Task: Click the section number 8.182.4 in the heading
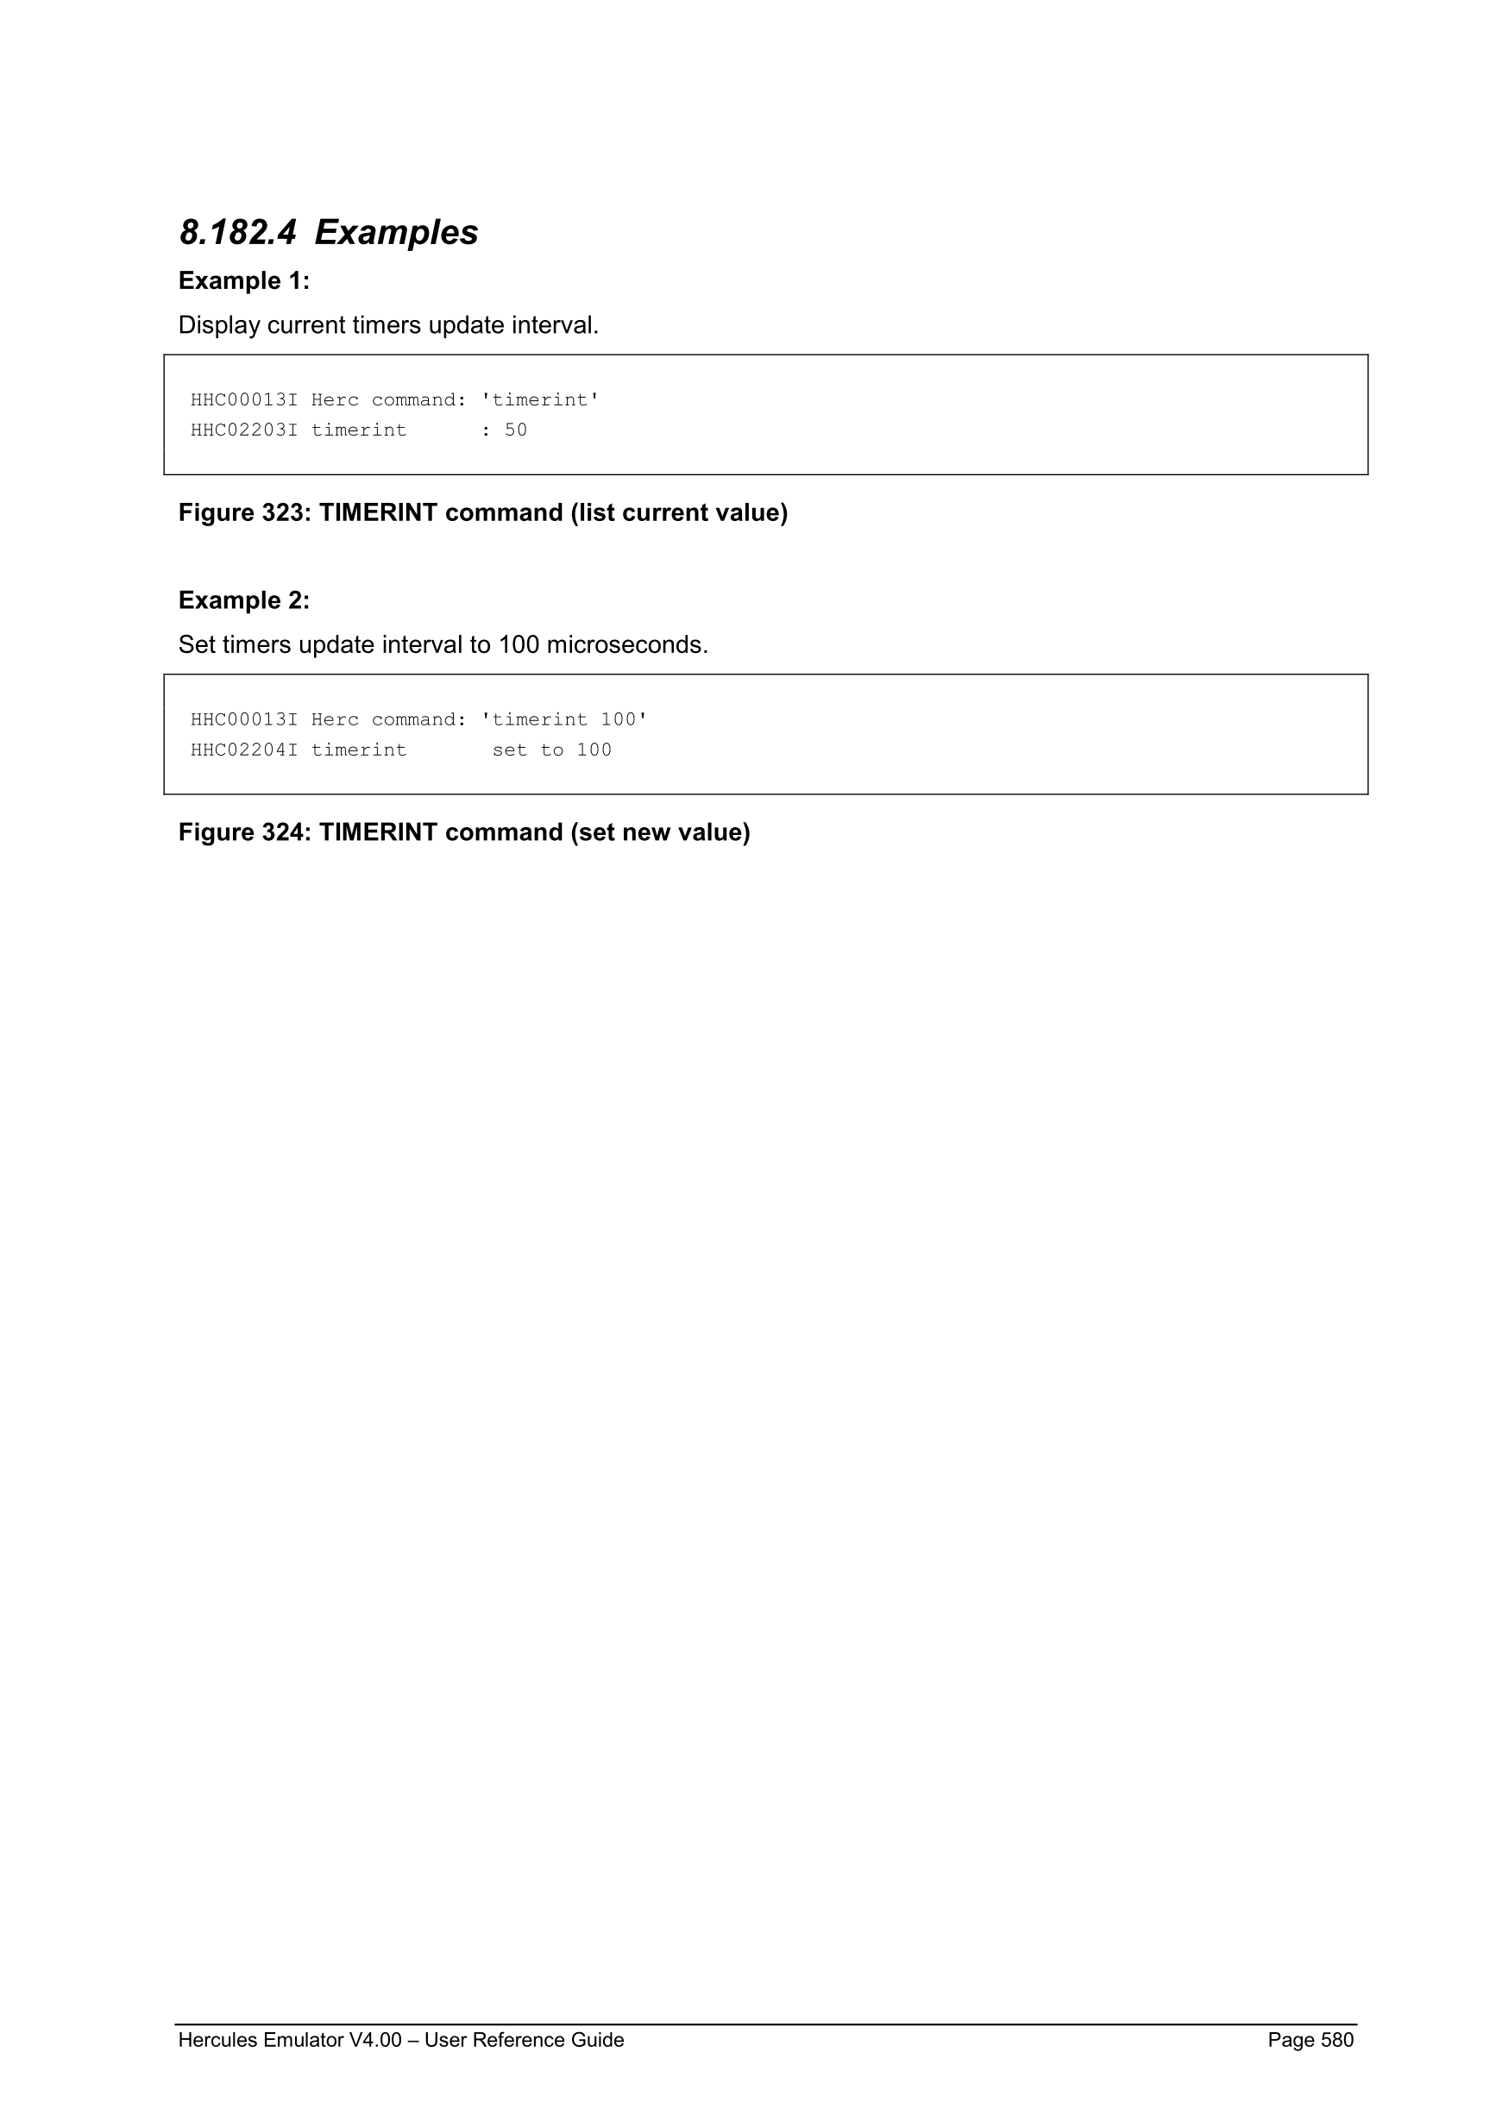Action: click(x=237, y=232)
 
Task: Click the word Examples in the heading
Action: click(x=396, y=232)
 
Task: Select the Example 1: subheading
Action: click(x=244, y=281)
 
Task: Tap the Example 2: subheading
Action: click(x=244, y=600)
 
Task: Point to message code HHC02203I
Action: click(x=244, y=430)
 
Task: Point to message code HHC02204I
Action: click(x=244, y=750)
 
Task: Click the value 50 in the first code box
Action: click(x=516, y=430)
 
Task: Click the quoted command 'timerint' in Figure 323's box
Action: click(x=541, y=399)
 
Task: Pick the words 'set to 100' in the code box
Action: click(x=552, y=750)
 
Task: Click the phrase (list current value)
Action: click(x=679, y=513)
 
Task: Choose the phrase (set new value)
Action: click(x=661, y=832)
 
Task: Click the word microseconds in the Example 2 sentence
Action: click(x=627, y=645)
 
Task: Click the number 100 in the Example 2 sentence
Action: click(x=518, y=645)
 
